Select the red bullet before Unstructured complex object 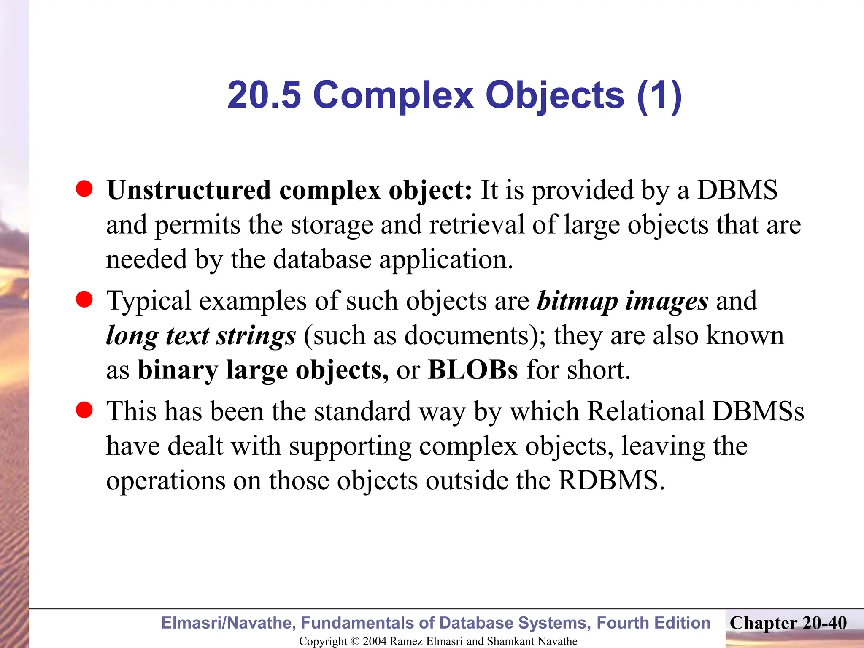[x=84, y=189]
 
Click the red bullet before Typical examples [x=84, y=300]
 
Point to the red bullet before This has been [x=84, y=410]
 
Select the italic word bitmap [x=578, y=302]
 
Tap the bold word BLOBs [x=473, y=370]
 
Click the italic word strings [x=256, y=336]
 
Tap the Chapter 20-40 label [x=788, y=623]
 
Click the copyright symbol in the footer [x=355, y=641]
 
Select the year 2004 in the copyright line [x=375, y=641]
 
